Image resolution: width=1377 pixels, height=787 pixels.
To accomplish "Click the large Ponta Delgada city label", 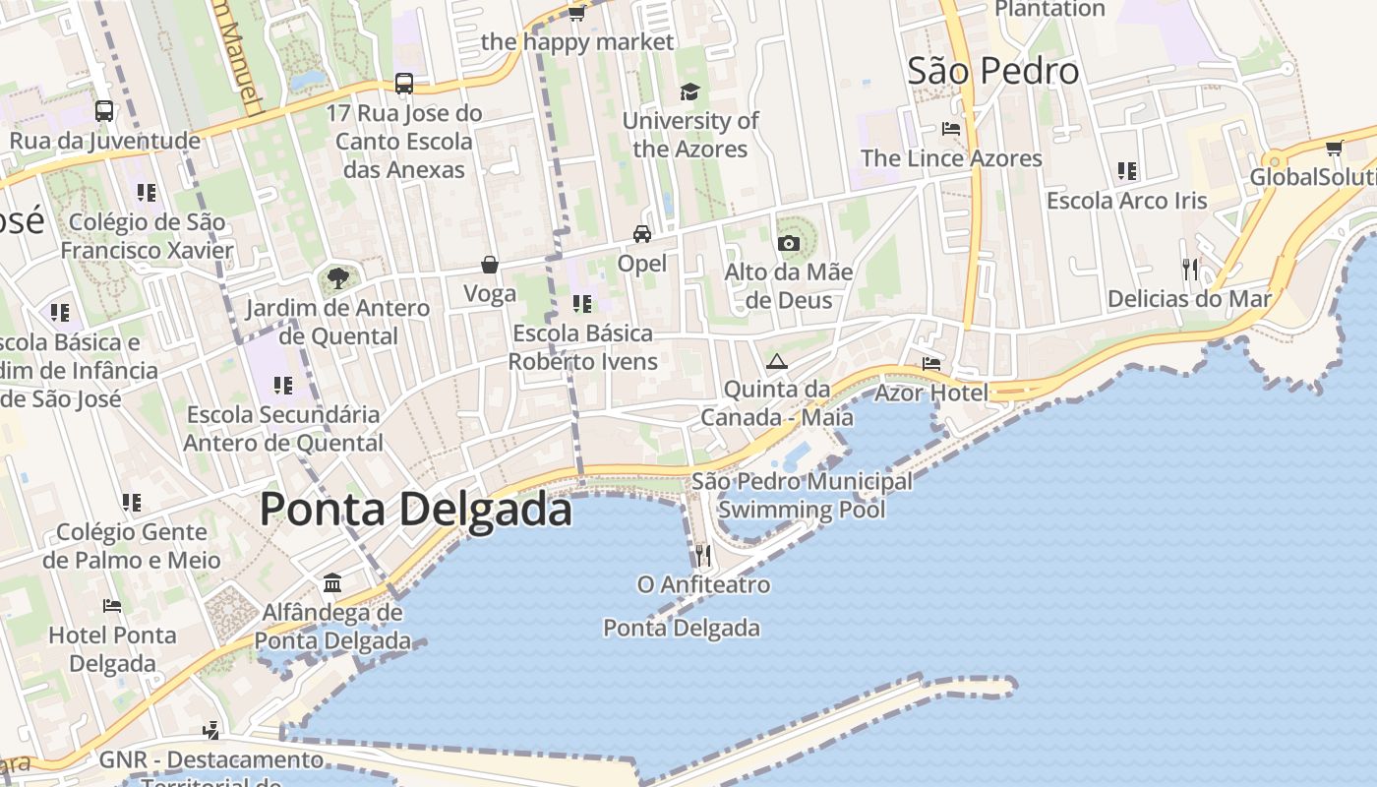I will [x=415, y=510].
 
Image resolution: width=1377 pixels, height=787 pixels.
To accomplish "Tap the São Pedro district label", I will [x=992, y=71].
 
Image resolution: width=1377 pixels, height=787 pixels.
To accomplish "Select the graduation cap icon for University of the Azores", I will [x=689, y=91].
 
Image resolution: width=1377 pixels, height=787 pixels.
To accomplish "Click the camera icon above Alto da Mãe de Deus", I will [x=788, y=243].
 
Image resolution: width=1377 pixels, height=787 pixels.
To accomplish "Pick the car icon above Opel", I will [x=642, y=234].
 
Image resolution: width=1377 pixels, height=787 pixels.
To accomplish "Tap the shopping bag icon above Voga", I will [x=490, y=265].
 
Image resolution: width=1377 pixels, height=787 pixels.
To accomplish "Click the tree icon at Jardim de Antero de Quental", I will [x=337, y=278].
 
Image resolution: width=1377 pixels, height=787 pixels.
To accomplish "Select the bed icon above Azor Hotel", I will [x=931, y=364].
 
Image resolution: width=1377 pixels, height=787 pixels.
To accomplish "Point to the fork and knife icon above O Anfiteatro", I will [x=702, y=556].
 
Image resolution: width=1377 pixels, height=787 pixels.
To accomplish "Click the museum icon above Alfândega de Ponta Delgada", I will [x=332, y=583].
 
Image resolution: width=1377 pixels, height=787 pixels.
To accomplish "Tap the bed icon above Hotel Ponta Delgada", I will [x=112, y=606].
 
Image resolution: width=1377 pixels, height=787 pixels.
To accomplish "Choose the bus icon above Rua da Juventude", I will [x=104, y=111].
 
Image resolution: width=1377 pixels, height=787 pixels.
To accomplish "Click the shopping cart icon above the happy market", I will [x=576, y=13].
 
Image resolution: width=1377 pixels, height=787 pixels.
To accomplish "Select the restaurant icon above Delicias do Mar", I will [x=1190, y=269].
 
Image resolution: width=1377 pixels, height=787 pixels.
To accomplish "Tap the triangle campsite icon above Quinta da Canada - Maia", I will [x=777, y=361].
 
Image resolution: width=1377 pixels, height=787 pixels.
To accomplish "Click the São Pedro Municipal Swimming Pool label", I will [x=802, y=496].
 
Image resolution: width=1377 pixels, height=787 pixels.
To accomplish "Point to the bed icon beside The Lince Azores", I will [x=950, y=129].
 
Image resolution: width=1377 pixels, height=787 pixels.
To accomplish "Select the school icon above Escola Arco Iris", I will [x=1127, y=171].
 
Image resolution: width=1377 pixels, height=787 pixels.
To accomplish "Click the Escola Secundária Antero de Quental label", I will [x=283, y=429].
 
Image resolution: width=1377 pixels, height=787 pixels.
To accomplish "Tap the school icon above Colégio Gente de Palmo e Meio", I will [x=132, y=503].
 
